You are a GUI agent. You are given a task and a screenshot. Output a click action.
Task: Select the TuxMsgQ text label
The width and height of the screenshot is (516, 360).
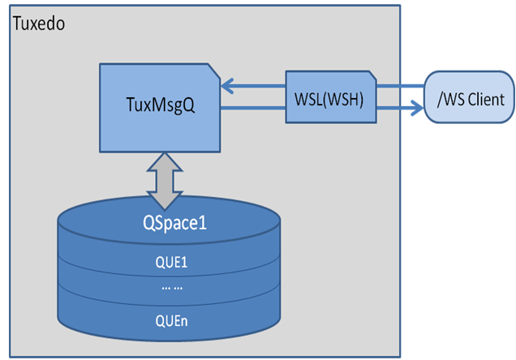pyautogui.click(x=160, y=105)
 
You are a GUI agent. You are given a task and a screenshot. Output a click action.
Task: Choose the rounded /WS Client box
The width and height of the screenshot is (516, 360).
pyautogui.click(x=469, y=99)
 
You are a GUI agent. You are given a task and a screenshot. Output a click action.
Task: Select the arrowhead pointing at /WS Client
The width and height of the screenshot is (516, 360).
pyautogui.click(x=417, y=105)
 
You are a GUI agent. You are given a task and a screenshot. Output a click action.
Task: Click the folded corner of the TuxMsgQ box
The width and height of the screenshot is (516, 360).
pyautogui.click(x=213, y=71)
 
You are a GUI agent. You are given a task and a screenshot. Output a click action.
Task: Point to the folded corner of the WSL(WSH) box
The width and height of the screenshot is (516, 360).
pyautogui.click(x=370, y=75)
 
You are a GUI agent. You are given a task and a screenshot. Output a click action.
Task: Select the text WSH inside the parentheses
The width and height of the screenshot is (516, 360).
pyautogui.click(x=348, y=99)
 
